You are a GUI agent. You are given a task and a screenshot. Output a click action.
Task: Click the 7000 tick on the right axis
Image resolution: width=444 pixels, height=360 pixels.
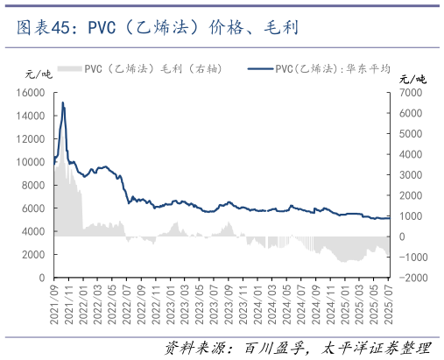coord(412,92)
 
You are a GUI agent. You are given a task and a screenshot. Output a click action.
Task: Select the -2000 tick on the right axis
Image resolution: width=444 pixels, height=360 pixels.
coord(414,278)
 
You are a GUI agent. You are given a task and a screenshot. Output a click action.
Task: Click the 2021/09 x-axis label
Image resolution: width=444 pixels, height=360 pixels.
coord(54,302)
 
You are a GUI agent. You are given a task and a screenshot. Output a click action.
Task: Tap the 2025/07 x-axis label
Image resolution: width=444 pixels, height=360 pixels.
coord(389,302)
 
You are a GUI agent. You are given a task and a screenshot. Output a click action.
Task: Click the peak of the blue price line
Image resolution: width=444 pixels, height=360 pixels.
coord(62,102)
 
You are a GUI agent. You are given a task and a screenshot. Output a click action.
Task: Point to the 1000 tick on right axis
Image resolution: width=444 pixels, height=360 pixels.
coord(412,215)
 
